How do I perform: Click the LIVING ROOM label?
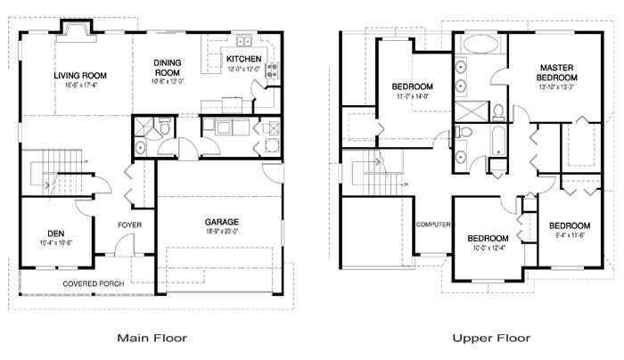pos(81,76)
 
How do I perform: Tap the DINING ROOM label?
pos(168,68)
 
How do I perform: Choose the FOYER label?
pos(130,225)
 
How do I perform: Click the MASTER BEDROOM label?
pos(567,72)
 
